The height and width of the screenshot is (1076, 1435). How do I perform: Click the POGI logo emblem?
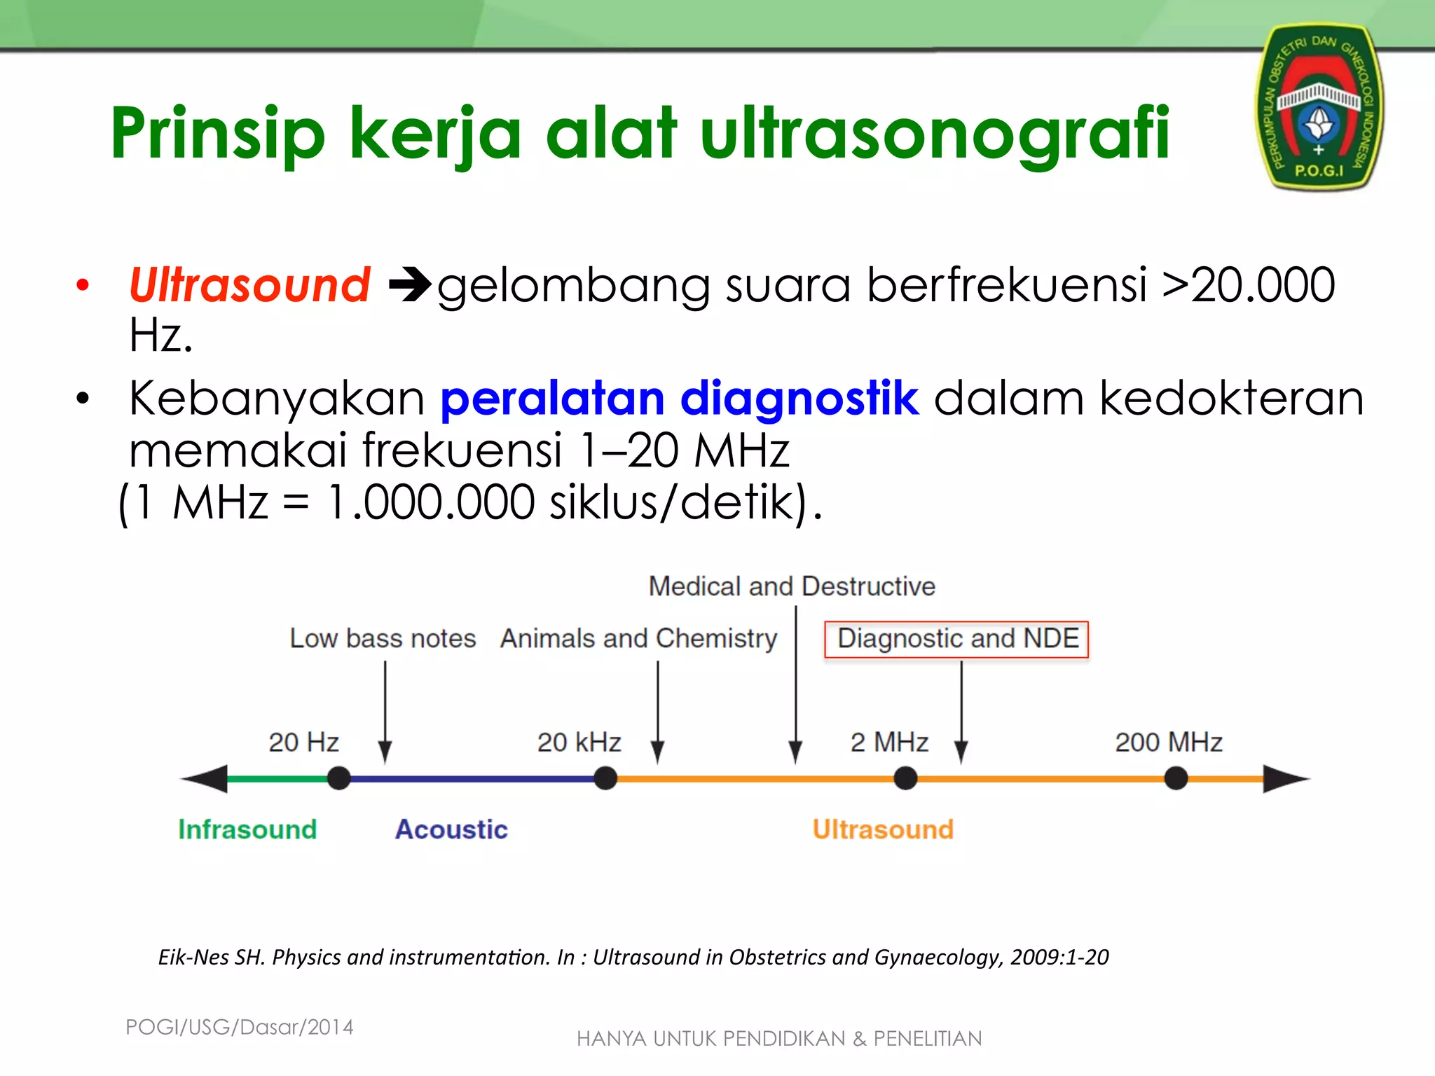tap(1318, 107)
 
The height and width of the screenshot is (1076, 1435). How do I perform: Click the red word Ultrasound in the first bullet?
tap(249, 285)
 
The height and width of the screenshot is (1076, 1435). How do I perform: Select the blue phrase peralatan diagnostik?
tap(679, 398)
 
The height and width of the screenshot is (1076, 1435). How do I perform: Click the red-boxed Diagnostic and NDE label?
tap(956, 639)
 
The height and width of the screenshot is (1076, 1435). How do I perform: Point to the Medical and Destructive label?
tap(792, 586)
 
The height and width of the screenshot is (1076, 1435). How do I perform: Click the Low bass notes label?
tap(383, 639)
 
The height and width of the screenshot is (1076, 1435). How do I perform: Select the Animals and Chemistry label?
tap(638, 639)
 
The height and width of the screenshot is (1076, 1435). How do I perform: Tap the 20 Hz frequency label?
tap(303, 742)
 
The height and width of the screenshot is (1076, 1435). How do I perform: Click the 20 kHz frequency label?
tap(579, 742)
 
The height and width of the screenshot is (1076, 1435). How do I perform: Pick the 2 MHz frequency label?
tap(889, 742)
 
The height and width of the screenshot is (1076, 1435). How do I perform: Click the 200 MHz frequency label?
tap(1168, 742)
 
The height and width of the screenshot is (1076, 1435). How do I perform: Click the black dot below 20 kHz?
tap(605, 778)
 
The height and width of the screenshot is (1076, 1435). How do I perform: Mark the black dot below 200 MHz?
tap(1176, 778)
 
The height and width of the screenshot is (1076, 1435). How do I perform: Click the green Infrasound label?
tap(247, 829)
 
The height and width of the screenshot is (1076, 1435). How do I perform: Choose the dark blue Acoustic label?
tap(451, 829)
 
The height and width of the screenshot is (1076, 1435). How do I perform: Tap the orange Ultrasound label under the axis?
tap(883, 829)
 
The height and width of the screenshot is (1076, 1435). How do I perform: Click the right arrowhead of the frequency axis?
tap(1286, 778)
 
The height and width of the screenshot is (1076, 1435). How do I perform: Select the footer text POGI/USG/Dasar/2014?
tap(239, 1027)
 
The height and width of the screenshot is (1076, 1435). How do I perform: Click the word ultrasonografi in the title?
tap(935, 133)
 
